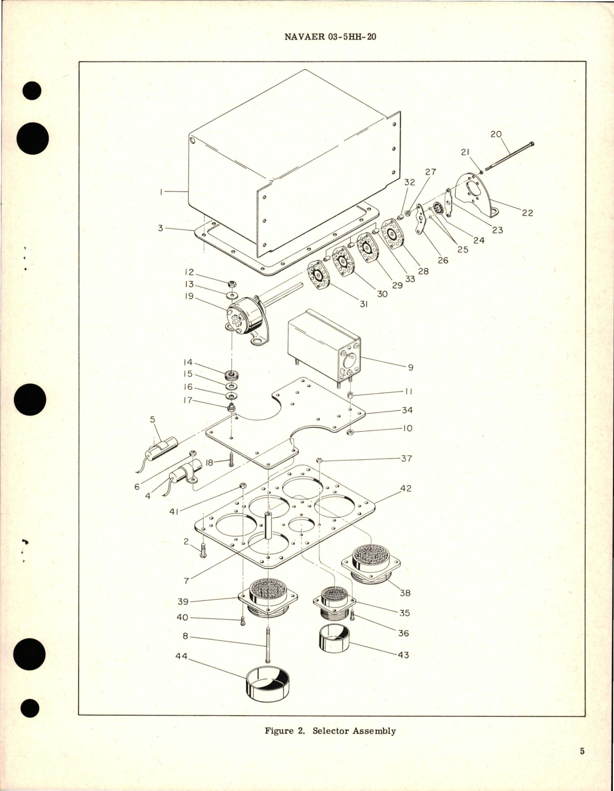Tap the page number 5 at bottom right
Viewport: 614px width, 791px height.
click(x=582, y=751)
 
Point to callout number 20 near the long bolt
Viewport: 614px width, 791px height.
click(x=496, y=134)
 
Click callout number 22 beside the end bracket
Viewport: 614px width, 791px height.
click(x=528, y=212)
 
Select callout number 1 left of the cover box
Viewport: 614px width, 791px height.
click(x=161, y=192)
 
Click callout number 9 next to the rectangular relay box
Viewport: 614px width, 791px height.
click(x=410, y=367)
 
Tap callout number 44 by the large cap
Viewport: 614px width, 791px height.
click(x=181, y=657)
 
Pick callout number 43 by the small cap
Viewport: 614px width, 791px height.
click(x=403, y=655)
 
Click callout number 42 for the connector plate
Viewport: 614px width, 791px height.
click(x=406, y=488)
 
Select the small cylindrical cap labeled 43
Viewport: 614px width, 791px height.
click(x=335, y=639)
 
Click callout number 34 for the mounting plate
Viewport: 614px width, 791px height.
click(x=407, y=410)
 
